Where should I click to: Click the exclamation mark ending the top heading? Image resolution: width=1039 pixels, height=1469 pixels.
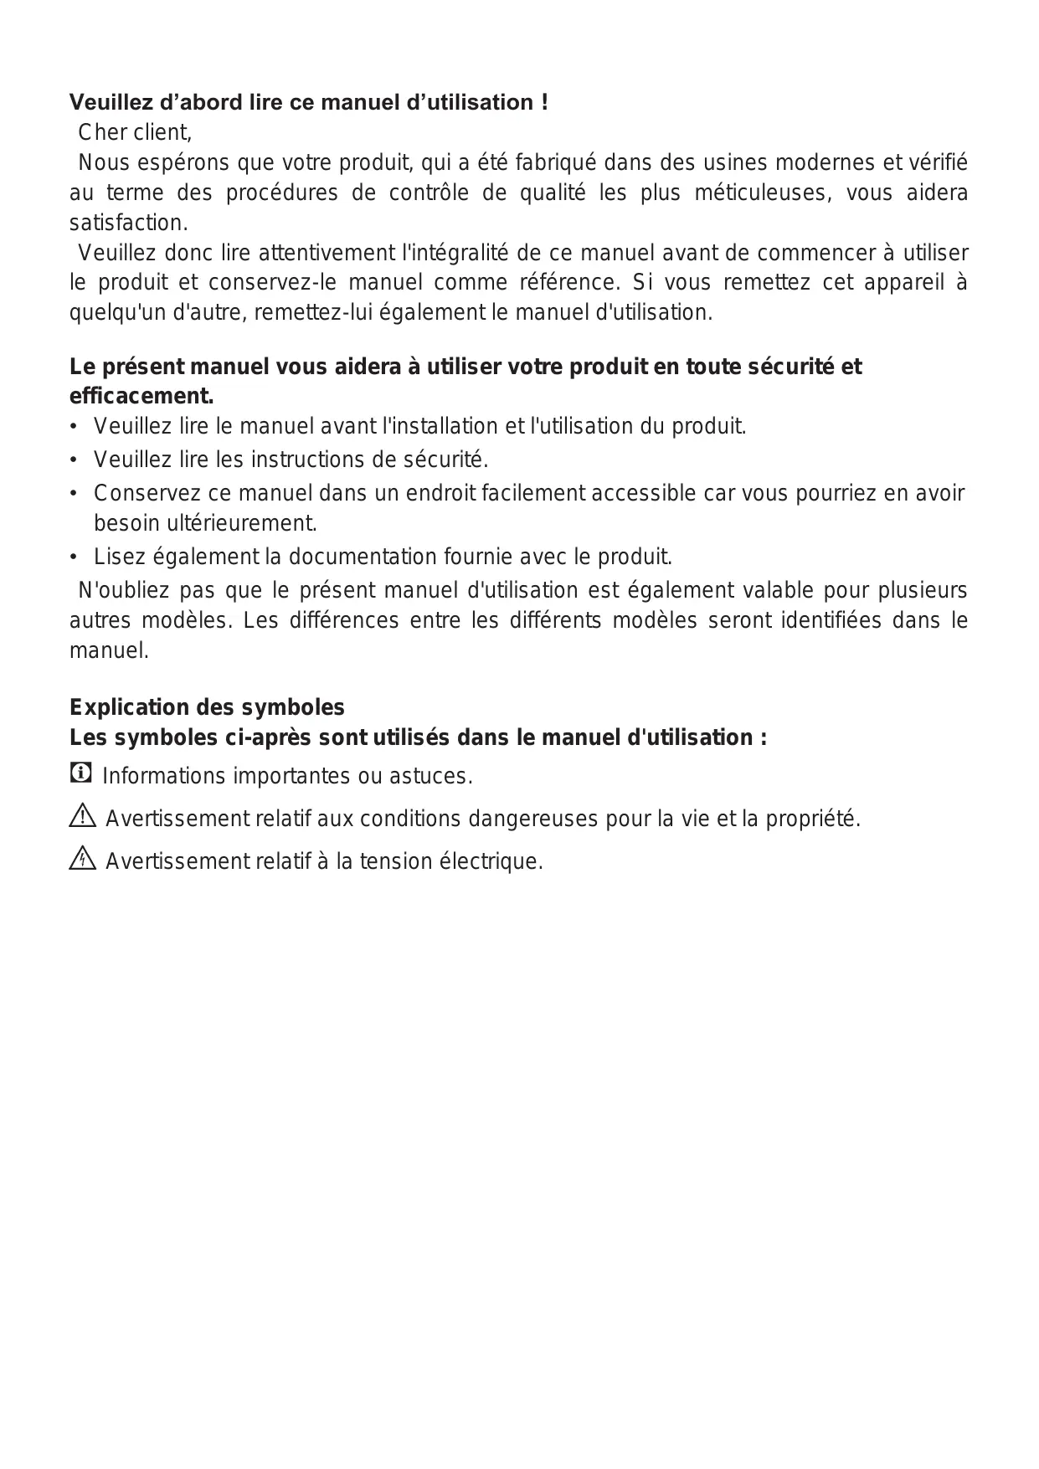(x=544, y=103)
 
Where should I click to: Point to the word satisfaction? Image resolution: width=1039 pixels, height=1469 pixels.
(x=128, y=223)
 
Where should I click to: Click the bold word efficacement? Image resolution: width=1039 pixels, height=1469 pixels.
(x=141, y=395)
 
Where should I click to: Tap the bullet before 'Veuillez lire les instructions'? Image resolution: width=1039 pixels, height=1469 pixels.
(x=75, y=460)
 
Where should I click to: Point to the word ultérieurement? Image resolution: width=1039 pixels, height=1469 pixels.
(x=205, y=523)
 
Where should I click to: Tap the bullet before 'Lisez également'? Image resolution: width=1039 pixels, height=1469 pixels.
(x=75, y=557)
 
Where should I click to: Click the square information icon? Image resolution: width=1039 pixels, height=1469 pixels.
(x=80, y=773)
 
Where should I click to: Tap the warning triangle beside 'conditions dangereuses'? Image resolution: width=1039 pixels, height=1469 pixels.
(x=83, y=816)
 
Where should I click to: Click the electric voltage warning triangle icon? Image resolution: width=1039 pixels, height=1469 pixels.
(x=83, y=859)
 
